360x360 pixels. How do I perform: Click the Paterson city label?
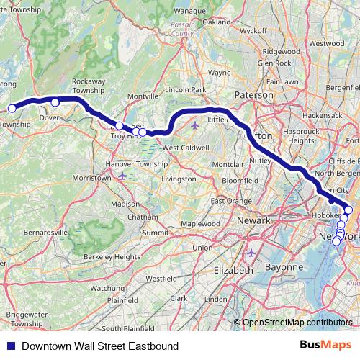(x=255, y=94)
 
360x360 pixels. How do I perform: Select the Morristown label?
(x=91, y=177)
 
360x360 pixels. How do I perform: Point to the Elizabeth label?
(x=233, y=270)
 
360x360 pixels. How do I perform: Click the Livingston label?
(x=179, y=178)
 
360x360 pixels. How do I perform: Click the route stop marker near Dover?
(x=55, y=102)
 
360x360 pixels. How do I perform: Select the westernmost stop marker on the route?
(x=12, y=109)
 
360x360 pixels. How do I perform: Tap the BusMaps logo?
(x=328, y=346)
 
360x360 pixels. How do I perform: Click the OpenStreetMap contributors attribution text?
(x=297, y=323)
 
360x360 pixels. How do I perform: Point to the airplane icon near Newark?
(x=251, y=253)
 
